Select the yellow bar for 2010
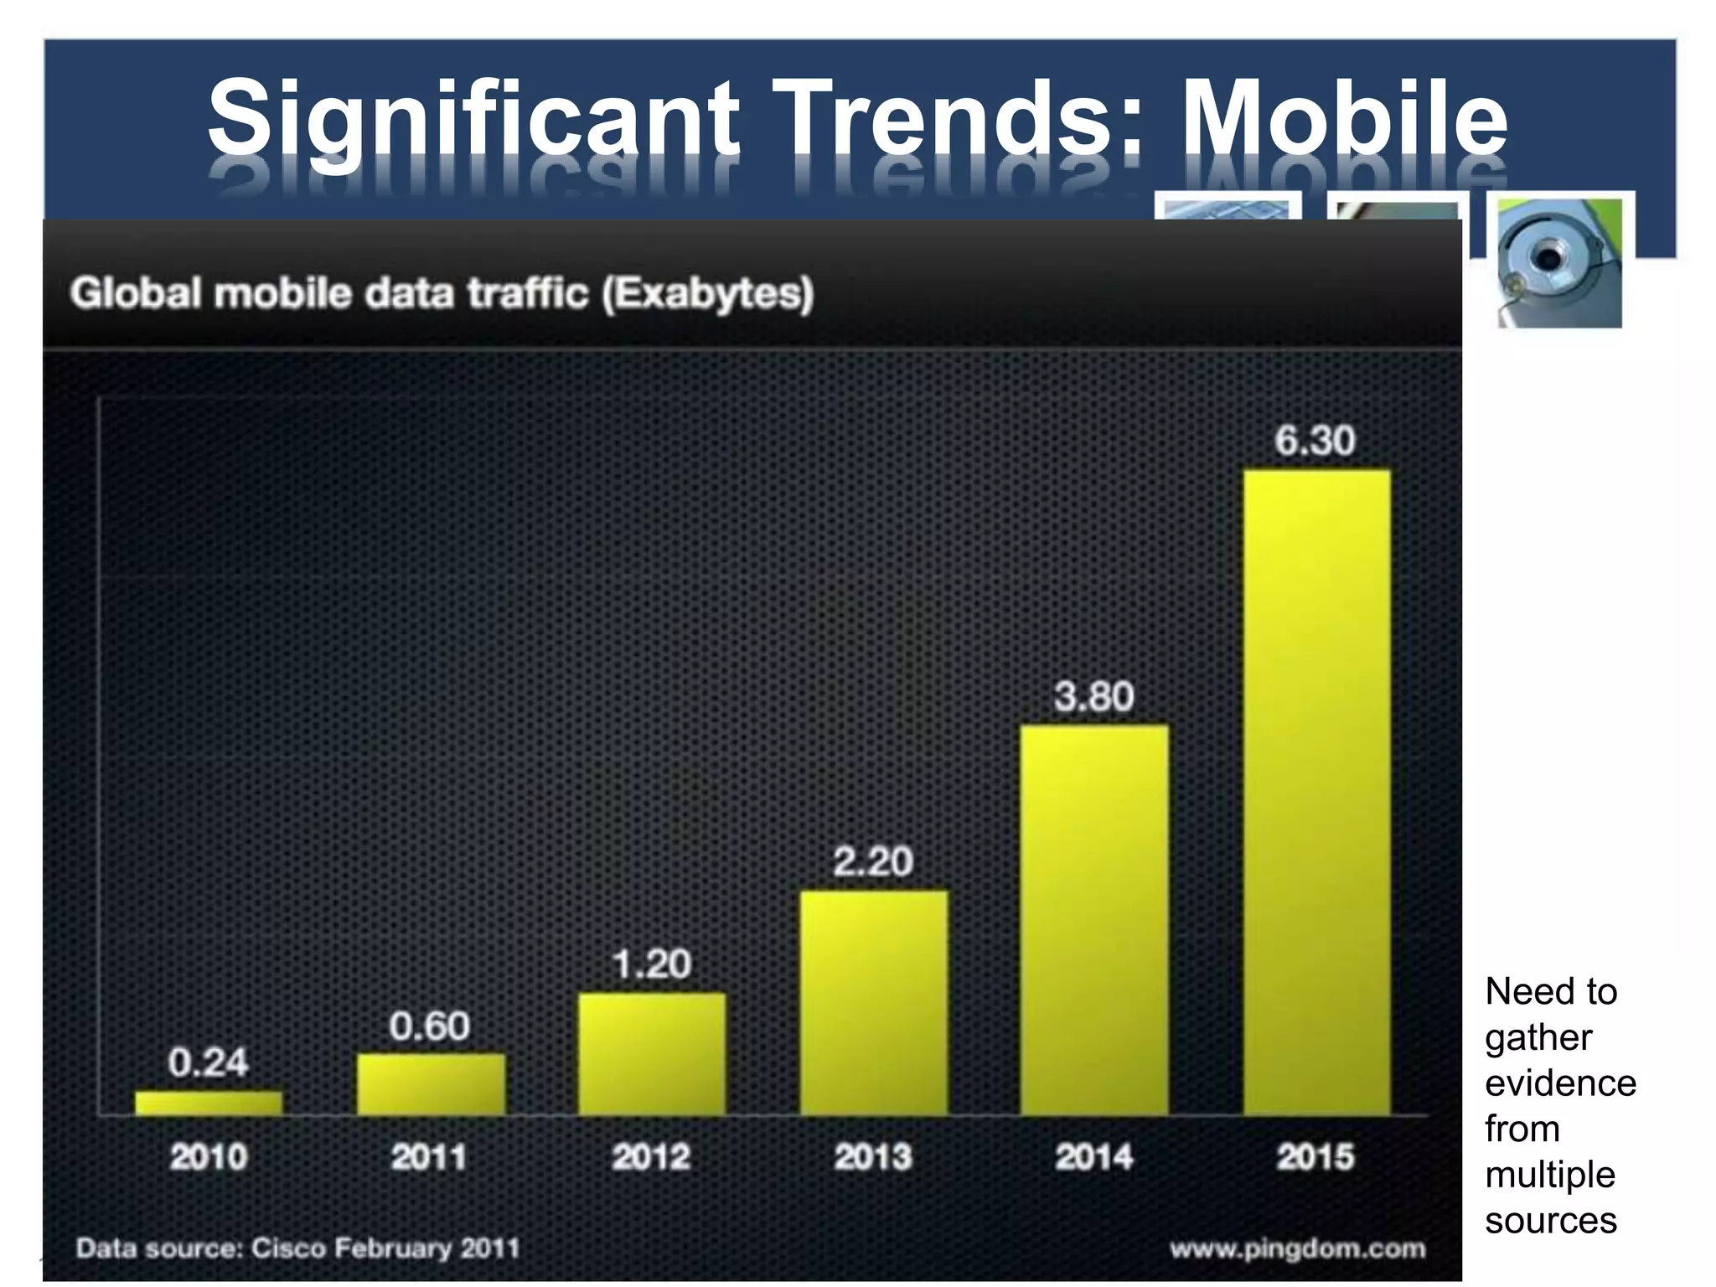(x=209, y=1103)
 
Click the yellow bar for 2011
(x=431, y=1084)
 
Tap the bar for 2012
(x=652, y=1054)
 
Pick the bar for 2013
(x=874, y=1002)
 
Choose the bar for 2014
(x=1094, y=920)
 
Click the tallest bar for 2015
(x=1316, y=792)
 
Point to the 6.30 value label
(x=1315, y=441)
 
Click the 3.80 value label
(x=1093, y=696)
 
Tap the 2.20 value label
(x=872, y=861)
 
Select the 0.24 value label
(x=208, y=1062)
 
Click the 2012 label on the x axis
(x=651, y=1157)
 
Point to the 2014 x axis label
(x=1093, y=1157)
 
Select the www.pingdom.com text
(x=1297, y=1248)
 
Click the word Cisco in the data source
(x=288, y=1248)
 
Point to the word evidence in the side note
(x=1560, y=1083)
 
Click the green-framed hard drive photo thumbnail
(x=1559, y=262)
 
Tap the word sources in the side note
(x=1550, y=1220)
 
